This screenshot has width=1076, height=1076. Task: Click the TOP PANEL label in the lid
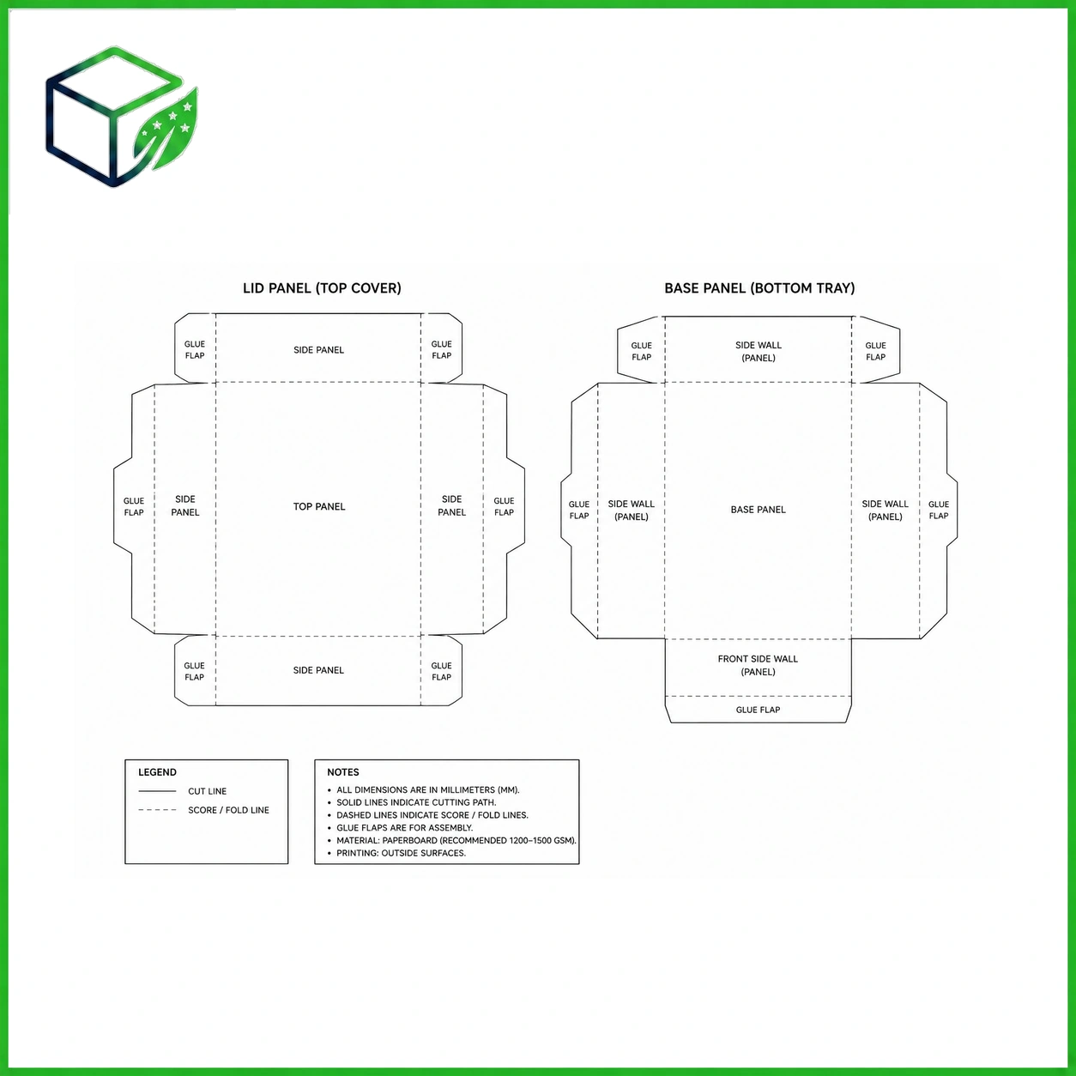point(319,506)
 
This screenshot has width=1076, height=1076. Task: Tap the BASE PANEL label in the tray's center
point(758,509)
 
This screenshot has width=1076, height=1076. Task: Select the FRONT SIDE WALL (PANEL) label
point(758,665)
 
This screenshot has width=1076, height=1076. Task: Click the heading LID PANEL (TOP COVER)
point(322,288)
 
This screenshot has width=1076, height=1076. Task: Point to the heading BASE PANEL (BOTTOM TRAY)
point(759,288)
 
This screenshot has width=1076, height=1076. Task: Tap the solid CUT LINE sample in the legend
point(157,790)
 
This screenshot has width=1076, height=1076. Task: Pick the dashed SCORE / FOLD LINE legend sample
point(157,810)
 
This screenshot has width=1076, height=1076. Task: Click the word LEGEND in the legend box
point(157,772)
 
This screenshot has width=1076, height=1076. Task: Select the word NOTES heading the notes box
point(343,772)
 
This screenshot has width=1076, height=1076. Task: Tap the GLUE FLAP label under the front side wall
point(758,710)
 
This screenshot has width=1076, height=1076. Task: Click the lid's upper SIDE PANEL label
point(319,350)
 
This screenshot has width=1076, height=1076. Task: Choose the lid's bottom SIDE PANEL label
point(318,670)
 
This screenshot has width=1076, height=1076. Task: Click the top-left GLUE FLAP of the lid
point(195,349)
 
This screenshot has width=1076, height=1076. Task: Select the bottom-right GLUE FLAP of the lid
point(441,671)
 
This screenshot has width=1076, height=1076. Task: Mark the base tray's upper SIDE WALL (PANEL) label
point(759,351)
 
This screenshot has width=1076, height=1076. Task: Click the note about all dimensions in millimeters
point(427,790)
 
